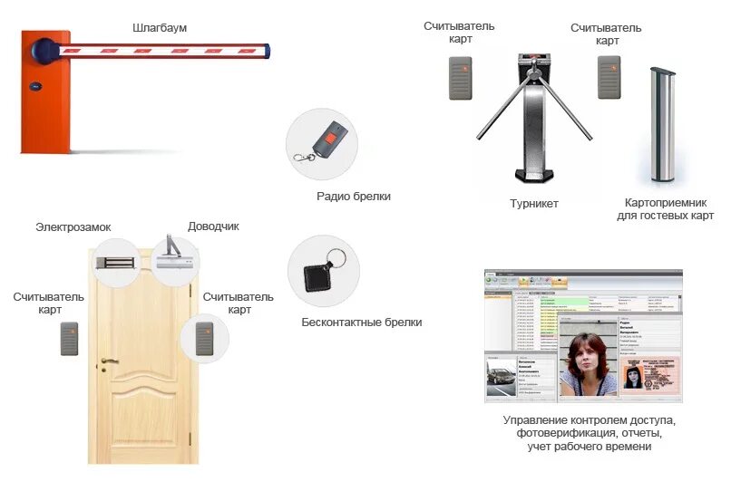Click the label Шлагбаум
tap(160, 28)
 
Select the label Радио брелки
tap(354, 197)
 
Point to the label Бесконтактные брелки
tap(361, 322)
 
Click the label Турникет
tap(534, 204)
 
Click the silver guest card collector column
tap(663, 127)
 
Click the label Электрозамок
tap(73, 227)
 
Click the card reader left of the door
tap(70, 338)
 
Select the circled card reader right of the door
tap(204, 338)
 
